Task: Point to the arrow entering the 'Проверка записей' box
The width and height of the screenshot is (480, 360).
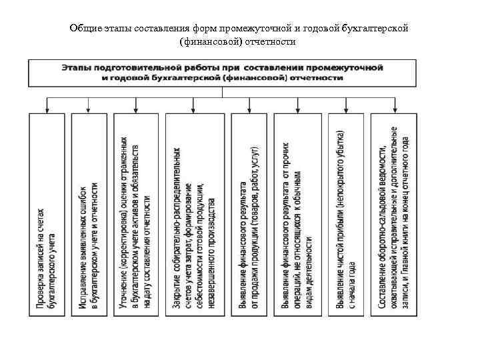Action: tap(47, 104)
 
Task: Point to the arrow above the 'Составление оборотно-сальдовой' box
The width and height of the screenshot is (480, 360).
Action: tap(395, 104)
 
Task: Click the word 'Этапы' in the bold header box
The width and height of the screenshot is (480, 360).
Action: tap(77, 68)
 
